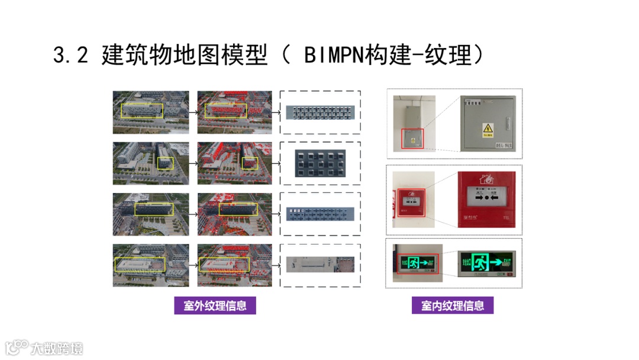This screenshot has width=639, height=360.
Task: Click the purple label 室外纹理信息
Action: click(215, 306)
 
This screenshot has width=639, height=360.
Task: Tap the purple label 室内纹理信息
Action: click(453, 306)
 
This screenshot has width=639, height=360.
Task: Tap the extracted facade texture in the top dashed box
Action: click(319, 112)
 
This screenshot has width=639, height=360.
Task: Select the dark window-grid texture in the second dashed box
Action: click(319, 163)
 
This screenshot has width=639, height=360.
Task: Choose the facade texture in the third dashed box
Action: click(319, 213)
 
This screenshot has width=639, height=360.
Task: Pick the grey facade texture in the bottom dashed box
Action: click(319, 264)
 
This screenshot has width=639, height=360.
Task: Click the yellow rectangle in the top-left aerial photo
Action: click(141, 110)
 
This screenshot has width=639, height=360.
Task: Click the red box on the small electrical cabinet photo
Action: click(412, 138)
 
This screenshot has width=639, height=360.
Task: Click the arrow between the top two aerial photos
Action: click(193, 111)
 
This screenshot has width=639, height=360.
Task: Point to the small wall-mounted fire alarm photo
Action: click(410, 200)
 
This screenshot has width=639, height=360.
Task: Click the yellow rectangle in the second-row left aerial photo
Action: click(165, 159)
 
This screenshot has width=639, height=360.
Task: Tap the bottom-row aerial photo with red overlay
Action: click(234, 265)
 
